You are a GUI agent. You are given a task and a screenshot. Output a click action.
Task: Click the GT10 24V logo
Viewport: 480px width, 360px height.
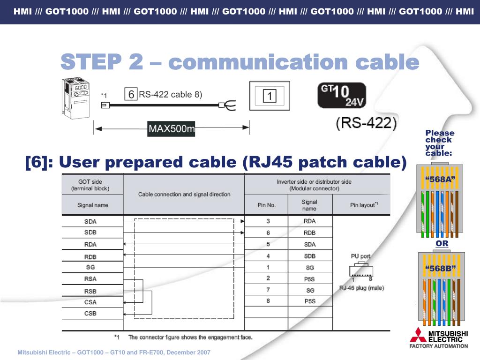tap(342, 96)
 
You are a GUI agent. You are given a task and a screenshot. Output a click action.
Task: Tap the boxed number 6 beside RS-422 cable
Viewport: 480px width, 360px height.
tap(131, 95)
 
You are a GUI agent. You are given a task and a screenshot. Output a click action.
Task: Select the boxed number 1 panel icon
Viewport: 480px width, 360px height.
tap(270, 97)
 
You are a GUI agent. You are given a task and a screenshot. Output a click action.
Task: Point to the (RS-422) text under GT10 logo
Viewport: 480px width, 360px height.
tap(366, 123)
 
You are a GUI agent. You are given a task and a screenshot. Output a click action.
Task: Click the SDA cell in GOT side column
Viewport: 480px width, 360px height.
tap(90, 222)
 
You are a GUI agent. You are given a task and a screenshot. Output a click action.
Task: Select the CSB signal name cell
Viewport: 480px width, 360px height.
tap(90, 314)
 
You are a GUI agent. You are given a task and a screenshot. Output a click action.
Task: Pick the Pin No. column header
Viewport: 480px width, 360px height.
tap(267, 205)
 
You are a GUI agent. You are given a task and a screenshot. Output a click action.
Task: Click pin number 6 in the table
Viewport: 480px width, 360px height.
tap(268, 232)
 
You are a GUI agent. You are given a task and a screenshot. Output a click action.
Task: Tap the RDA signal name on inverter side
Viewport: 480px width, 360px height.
tap(309, 221)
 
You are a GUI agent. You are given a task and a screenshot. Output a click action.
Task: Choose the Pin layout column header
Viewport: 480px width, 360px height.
tap(364, 205)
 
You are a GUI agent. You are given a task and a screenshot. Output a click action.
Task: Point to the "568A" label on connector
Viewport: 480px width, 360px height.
tap(440, 180)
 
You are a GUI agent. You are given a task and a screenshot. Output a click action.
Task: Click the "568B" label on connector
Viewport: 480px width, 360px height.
tap(440, 268)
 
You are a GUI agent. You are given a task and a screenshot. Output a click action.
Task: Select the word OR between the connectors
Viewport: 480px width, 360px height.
tap(442, 244)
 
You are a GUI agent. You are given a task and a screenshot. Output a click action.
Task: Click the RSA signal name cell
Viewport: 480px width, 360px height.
tap(90, 279)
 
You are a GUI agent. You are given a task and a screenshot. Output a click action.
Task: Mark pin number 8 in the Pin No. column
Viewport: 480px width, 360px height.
tap(268, 301)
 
